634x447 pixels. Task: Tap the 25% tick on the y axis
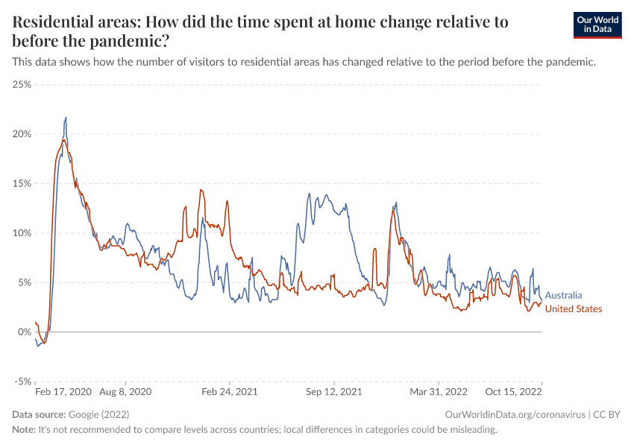pos(22,84)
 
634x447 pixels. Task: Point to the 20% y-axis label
pos(22,134)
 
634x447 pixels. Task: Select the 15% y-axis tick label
pos(22,183)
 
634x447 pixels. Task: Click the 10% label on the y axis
pos(22,233)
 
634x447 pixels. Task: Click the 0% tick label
pos(25,332)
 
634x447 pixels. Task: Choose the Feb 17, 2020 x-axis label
pos(63,391)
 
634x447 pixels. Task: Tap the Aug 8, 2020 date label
pos(125,391)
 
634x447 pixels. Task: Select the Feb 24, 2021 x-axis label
pos(230,391)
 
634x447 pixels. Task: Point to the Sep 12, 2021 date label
pos(333,391)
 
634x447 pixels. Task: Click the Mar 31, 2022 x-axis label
pos(438,391)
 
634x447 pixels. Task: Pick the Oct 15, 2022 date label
pos(514,391)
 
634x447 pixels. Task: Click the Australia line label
pos(564,296)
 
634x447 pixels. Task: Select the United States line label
pos(574,309)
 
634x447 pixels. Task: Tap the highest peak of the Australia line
pos(66,117)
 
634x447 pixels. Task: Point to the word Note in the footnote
pos(24,430)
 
